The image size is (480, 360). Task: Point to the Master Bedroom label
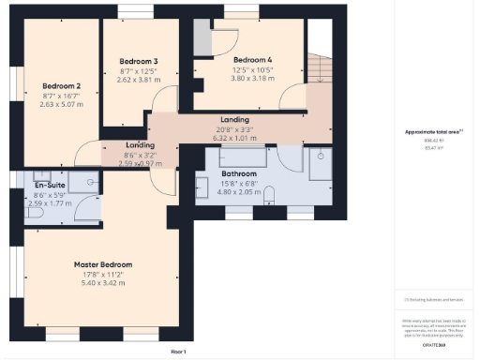pyautogui.click(x=103, y=264)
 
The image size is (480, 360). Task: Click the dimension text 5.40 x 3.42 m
pyautogui.click(x=103, y=282)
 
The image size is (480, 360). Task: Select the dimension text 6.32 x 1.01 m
pyautogui.click(x=233, y=138)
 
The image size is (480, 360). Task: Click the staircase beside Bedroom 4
pyautogui.click(x=318, y=69)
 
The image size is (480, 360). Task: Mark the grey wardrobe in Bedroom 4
pyautogui.click(x=202, y=37)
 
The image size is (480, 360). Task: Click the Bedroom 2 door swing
pyautogui.click(x=89, y=151)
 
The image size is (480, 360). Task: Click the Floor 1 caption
pyautogui.click(x=178, y=351)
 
